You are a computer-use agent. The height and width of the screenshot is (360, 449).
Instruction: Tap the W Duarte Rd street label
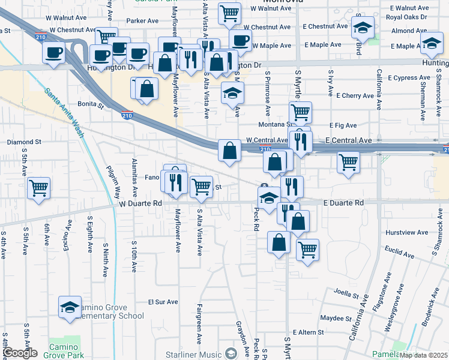pyautogui.click(x=141, y=204)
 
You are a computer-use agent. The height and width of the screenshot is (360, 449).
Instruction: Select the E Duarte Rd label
pyautogui.click(x=343, y=203)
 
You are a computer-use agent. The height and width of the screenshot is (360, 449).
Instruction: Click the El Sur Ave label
pyautogui.click(x=163, y=302)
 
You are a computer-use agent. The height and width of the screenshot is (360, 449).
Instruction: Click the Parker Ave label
pyautogui.click(x=142, y=20)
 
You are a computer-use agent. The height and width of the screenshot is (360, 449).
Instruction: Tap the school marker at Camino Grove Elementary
pyautogui.click(x=70, y=307)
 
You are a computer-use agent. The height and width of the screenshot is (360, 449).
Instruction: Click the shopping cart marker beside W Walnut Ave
pyautogui.click(x=229, y=13)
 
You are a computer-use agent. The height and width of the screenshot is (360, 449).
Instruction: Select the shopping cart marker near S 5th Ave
pyautogui.click(x=38, y=187)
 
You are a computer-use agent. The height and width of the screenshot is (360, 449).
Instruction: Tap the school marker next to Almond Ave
pyautogui.click(x=362, y=28)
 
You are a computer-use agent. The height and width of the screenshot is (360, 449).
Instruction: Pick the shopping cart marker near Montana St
pyautogui.click(x=300, y=112)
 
